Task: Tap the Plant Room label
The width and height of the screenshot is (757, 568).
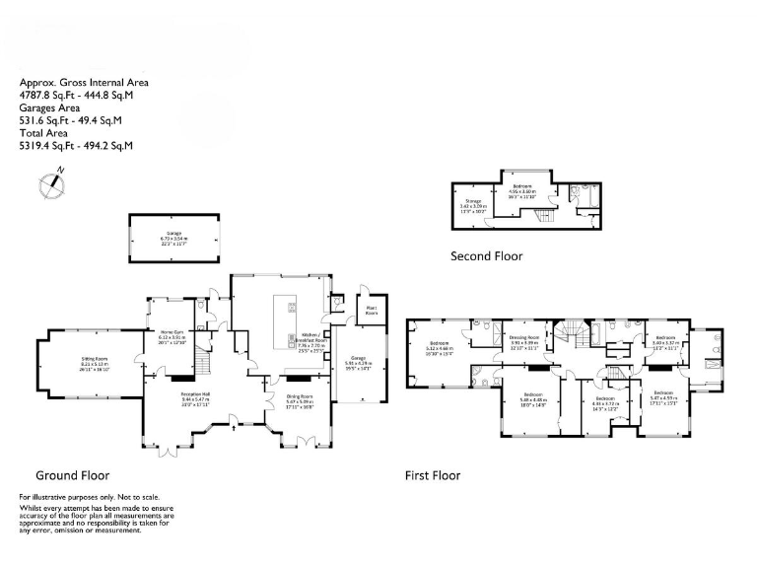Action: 372,311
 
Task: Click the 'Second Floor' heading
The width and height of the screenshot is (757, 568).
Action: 486,256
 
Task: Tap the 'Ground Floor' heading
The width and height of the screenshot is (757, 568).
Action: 72,474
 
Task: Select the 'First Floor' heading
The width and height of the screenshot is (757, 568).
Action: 433,475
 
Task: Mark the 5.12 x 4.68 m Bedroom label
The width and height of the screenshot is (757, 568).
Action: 440,346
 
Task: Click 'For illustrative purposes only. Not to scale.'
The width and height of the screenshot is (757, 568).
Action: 89,497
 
